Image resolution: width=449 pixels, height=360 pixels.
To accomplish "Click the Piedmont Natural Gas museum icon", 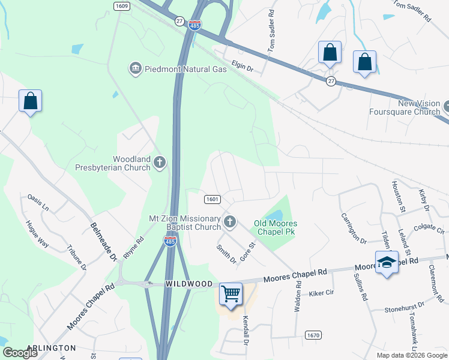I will [x=135, y=69].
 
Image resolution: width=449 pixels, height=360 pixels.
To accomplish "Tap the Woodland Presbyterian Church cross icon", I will [x=160, y=162].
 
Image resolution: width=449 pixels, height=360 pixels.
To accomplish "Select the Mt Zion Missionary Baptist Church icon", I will [x=229, y=223].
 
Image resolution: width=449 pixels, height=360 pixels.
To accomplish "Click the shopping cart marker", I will [x=231, y=295].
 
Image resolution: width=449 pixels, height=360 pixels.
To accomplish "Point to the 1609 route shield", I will [x=121, y=5].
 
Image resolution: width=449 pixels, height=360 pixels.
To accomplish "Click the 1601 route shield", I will [x=211, y=199].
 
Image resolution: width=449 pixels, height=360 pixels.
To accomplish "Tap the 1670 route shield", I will [x=313, y=335].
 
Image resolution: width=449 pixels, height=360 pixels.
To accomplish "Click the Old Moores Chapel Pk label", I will [x=276, y=227].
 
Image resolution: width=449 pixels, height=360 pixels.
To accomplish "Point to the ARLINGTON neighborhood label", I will [x=52, y=348].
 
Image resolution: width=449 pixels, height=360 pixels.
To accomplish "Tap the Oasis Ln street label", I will [x=38, y=202].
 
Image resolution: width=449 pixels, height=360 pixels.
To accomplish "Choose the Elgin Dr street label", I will [x=243, y=66].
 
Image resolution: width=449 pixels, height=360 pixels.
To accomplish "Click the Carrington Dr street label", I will [x=354, y=228].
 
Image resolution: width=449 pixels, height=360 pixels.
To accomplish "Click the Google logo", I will [x=20, y=353].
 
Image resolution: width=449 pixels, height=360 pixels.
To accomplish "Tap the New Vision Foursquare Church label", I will [x=404, y=107].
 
